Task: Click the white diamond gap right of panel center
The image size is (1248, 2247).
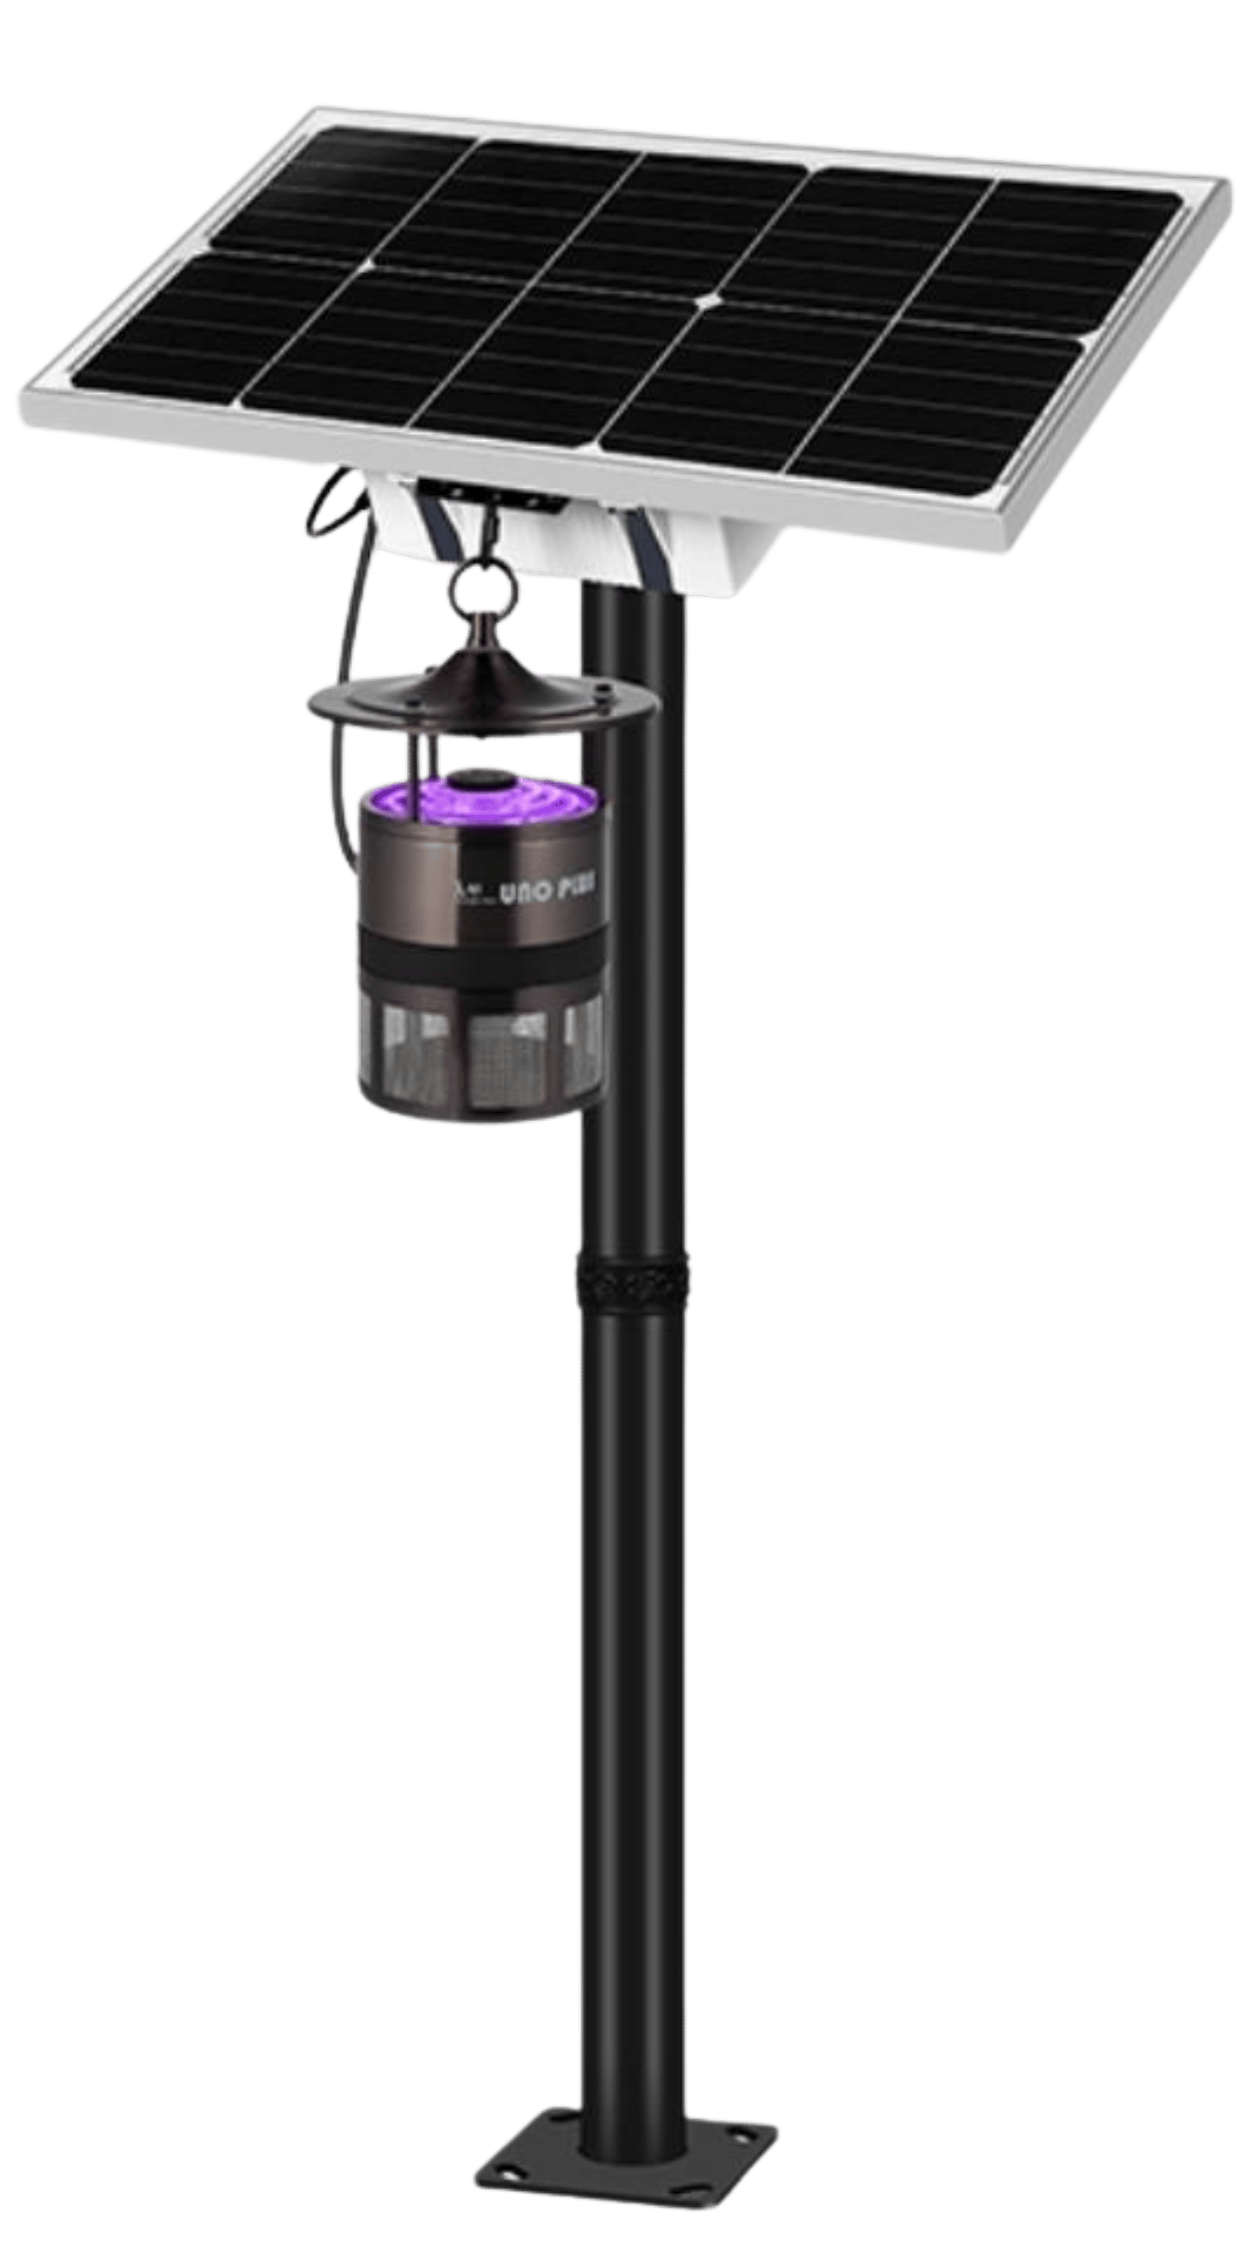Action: click(711, 301)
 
